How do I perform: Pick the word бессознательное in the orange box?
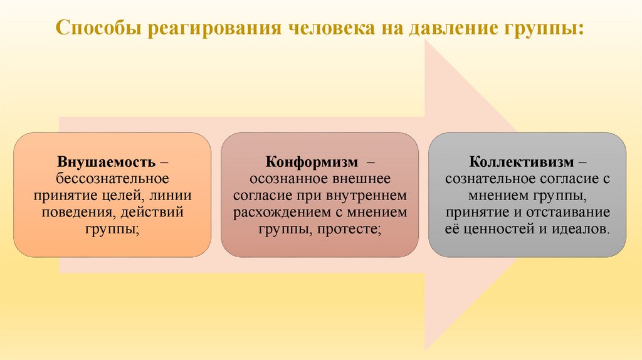pyautogui.click(x=113, y=179)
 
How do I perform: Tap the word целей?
pyautogui.click(x=123, y=196)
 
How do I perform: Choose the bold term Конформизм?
pyautogui.click(x=303, y=162)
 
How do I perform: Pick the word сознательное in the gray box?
pyautogui.click(x=489, y=179)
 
